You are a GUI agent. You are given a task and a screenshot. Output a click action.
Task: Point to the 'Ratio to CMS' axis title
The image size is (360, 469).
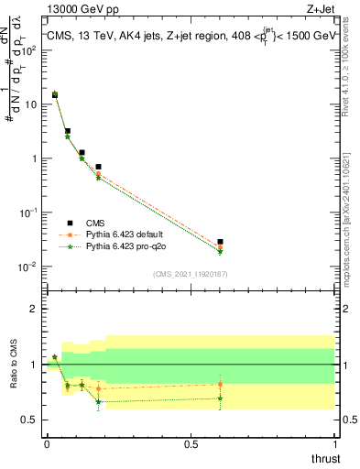(14, 385)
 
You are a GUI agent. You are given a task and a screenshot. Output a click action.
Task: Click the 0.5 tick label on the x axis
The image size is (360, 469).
(191, 444)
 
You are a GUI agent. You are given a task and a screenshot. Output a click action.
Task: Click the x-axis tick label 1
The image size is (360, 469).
(334, 444)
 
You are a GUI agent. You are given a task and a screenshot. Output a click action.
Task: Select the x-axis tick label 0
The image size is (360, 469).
(47, 444)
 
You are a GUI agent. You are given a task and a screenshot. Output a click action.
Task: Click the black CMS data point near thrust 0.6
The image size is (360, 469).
(220, 242)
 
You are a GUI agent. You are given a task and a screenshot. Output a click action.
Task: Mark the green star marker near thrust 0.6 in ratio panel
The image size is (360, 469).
(220, 398)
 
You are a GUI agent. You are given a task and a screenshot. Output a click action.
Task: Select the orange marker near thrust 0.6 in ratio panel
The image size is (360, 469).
(220, 385)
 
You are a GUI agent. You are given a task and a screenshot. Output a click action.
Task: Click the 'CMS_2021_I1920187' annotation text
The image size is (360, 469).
(191, 274)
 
